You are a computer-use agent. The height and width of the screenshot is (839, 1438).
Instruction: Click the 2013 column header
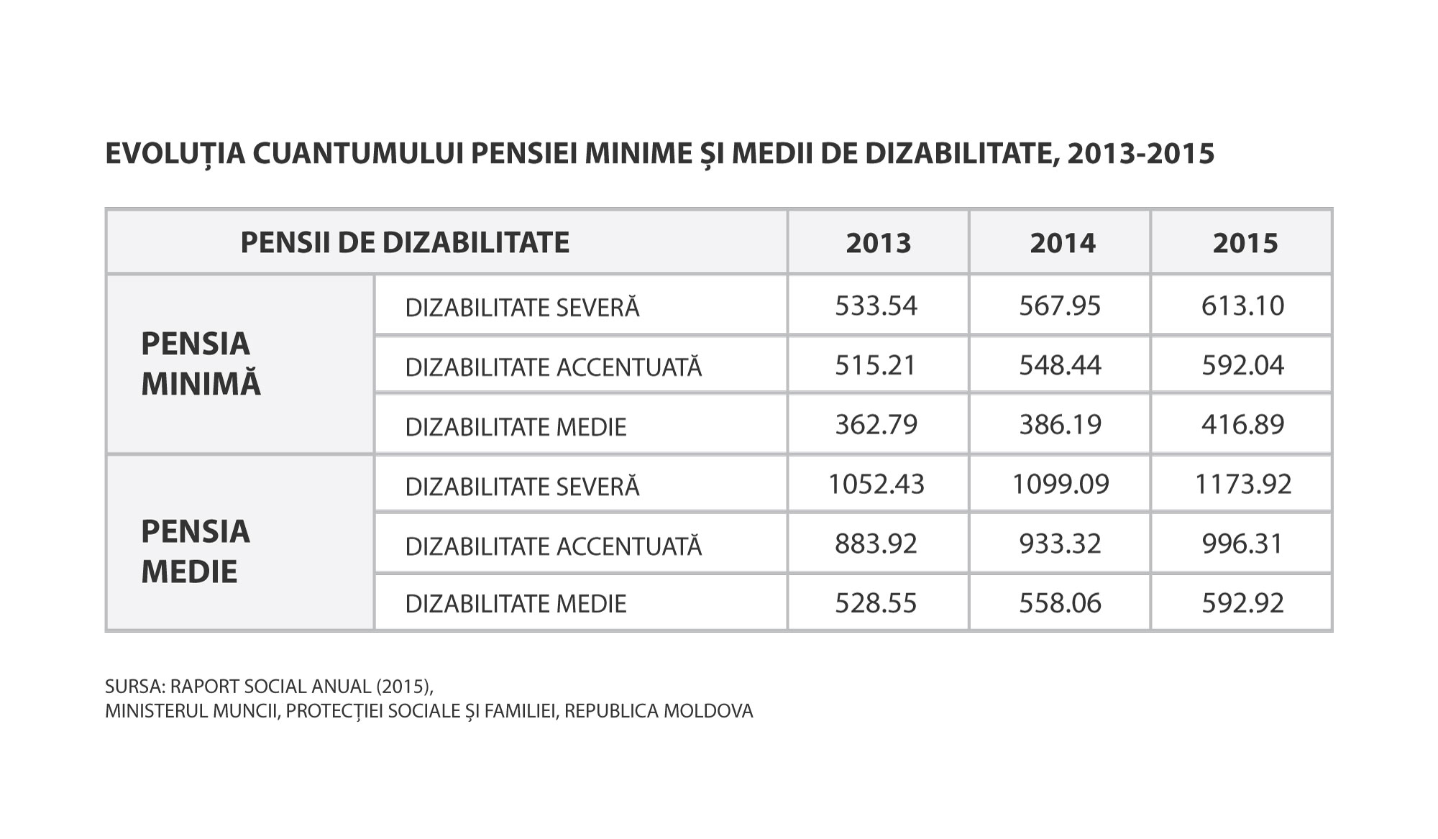click(x=878, y=243)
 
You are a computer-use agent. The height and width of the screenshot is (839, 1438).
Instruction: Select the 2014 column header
click(x=1062, y=243)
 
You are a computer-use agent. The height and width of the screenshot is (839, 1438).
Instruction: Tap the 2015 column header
click(x=1245, y=243)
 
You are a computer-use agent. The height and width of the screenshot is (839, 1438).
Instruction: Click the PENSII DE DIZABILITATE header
click(x=405, y=242)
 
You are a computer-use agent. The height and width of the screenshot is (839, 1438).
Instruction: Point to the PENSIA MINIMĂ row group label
click(x=201, y=364)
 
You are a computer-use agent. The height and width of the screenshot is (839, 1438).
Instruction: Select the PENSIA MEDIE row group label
click(x=196, y=551)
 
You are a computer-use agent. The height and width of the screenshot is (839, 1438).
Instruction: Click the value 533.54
click(x=876, y=306)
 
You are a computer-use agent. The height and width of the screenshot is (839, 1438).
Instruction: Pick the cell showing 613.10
click(x=1242, y=306)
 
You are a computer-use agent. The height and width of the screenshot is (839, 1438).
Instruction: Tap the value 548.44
click(x=1060, y=365)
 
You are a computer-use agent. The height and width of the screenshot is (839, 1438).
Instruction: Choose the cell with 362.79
click(x=876, y=424)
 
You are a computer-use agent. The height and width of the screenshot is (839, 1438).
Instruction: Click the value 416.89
click(x=1242, y=424)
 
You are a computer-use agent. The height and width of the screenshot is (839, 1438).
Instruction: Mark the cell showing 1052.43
click(x=876, y=484)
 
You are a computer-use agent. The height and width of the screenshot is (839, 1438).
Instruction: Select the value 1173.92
click(x=1242, y=484)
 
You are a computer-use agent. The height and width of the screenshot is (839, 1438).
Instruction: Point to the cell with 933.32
click(x=1060, y=544)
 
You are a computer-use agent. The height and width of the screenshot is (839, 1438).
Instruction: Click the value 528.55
click(x=876, y=602)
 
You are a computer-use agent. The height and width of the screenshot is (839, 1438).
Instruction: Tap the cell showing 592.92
click(x=1242, y=602)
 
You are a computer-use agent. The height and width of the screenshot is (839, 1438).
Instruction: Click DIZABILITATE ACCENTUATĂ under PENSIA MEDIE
click(x=553, y=546)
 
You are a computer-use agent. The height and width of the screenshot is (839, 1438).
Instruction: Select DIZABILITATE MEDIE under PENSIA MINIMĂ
click(x=516, y=427)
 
